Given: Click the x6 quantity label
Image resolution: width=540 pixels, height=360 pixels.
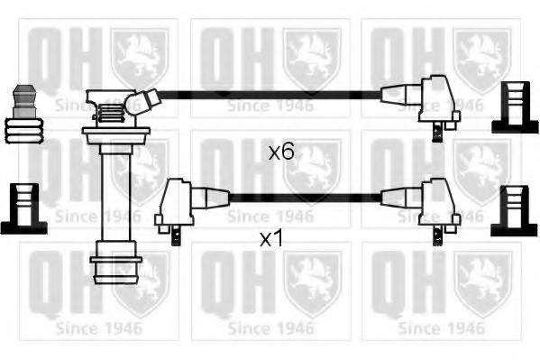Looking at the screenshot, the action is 281,152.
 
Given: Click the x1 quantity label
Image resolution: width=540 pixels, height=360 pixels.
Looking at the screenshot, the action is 271,238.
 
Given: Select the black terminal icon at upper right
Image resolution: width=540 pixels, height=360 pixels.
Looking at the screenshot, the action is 515,107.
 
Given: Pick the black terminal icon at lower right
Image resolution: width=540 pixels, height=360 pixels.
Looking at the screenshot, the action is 514,211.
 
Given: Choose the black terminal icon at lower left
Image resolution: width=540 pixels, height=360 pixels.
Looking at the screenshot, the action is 23,209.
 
